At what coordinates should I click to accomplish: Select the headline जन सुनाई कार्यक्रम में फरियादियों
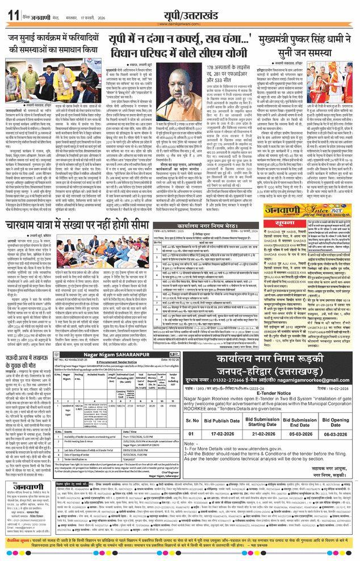(69, 43)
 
